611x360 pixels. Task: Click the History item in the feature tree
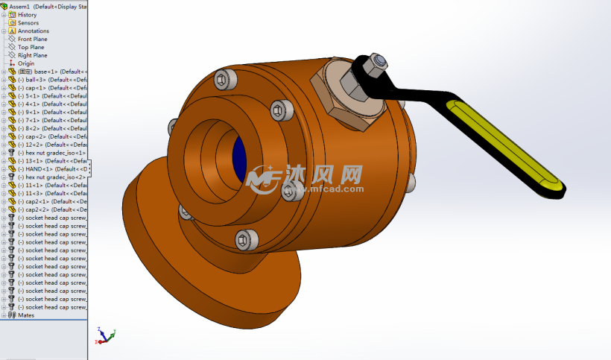[27, 14]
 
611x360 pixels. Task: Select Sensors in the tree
[28, 22]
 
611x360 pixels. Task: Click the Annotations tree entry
[34, 31]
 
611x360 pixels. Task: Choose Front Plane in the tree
[32, 39]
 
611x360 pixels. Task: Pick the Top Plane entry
[31, 47]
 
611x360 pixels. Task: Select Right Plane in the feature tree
[32, 55]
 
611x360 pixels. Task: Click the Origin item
[26, 63]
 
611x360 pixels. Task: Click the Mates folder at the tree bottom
[25, 315]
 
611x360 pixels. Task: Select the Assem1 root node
[45, 5]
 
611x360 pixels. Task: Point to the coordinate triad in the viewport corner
[104, 335]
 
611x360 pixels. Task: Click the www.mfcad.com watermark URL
[327, 189]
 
